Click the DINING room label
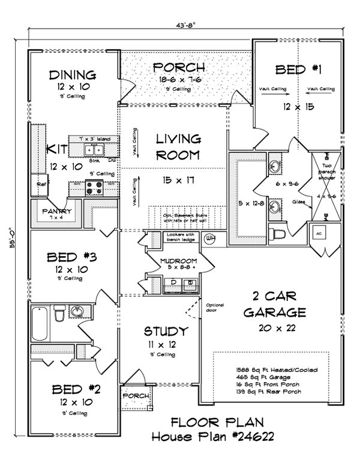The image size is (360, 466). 73,75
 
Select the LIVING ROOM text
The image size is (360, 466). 178,148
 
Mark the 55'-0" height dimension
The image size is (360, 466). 13,240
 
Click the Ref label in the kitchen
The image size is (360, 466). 41,185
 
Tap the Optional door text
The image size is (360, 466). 214,308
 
